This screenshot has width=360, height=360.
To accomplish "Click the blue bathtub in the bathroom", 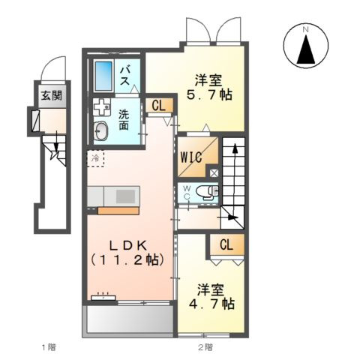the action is [x=103, y=76].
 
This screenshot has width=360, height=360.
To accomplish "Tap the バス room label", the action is [x=124, y=76].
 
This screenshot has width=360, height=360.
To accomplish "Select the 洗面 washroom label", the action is [x=124, y=120].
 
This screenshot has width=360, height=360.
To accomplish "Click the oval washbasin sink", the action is [x=101, y=131].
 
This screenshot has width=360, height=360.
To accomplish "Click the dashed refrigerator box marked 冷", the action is [x=95, y=158].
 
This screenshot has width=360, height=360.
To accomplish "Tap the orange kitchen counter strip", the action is [x=118, y=211].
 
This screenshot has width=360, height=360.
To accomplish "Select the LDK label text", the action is [x=128, y=246].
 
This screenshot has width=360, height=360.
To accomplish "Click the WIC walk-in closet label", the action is [x=191, y=157].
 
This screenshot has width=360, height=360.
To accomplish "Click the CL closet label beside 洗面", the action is [x=159, y=106].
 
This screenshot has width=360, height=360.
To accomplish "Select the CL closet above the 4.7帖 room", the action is [x=226, y=244].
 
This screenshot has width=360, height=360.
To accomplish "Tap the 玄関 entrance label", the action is [x=52, y=95].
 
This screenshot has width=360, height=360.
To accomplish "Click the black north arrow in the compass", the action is [x=306, y=49].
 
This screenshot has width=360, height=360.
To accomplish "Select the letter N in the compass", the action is [x=305, y=29].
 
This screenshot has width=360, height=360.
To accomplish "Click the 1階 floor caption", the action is [x=49, y=347].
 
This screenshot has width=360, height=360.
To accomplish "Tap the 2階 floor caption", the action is [x=205, y=347].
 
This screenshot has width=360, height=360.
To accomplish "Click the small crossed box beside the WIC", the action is [x=214, y=173].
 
